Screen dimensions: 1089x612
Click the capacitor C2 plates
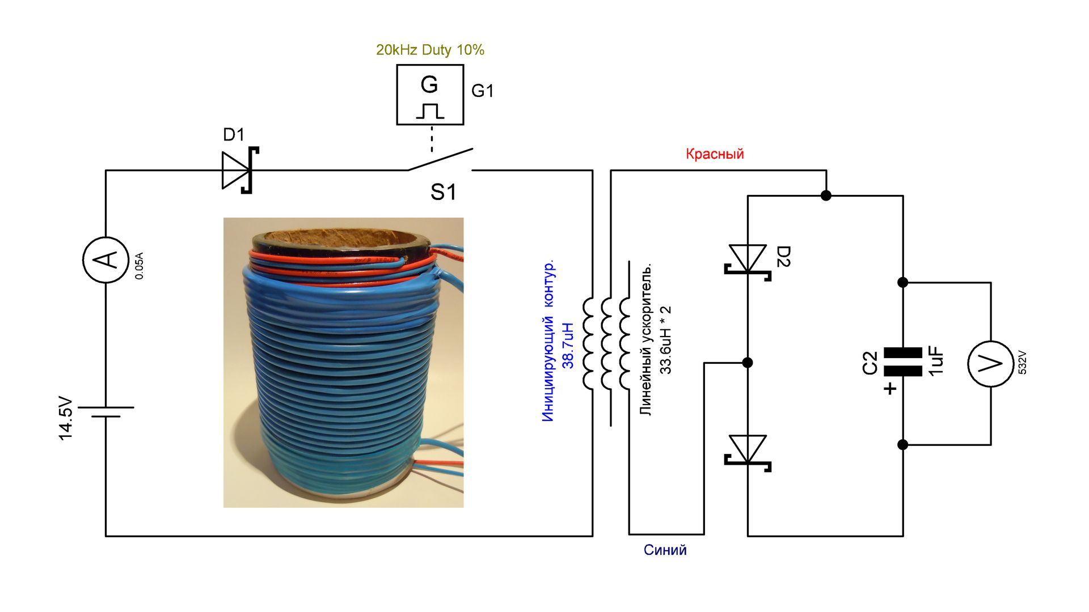pos(903,362)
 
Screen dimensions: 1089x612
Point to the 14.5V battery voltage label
pos(66,418)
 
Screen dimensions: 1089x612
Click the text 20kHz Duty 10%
pos(430,50)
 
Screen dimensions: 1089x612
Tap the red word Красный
pos(715,154)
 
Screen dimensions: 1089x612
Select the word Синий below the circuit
pos(665,550)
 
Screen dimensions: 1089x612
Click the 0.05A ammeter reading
pos(140,266)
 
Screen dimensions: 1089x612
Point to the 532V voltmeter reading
pos(1022,362)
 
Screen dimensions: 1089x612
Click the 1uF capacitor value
pos(936,361)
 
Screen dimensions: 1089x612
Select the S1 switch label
pos(443,193)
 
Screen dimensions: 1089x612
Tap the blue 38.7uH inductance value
pos(568,346)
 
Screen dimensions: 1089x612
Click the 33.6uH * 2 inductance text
pos(665,340)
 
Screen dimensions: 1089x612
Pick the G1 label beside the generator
pos(483,91)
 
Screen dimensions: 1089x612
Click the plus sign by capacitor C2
pos(890,389)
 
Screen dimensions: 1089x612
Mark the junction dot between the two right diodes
pos(748,363)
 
